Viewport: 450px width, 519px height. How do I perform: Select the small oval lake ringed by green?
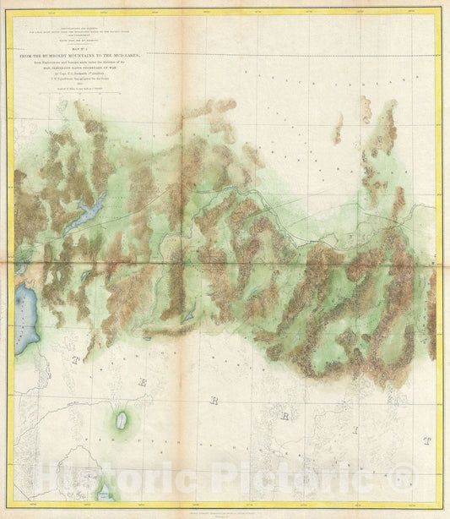pos(122,419)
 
